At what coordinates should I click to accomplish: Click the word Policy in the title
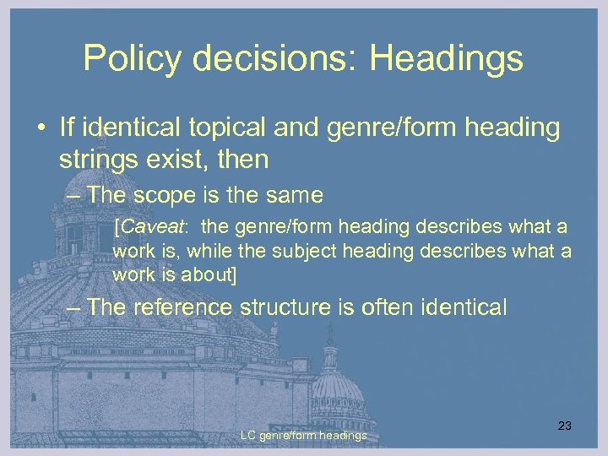click(x=133, y=58)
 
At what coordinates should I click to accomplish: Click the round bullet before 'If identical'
click(x=40, y=129)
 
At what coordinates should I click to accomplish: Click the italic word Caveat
click(x=149, y=228)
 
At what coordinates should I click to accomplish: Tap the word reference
click(x=179, y=307)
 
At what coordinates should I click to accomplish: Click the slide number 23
click(x=565, y=426)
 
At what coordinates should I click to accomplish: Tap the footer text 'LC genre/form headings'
click(x=303, y=436)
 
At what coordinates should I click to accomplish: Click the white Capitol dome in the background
click(x=337, y=384)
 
